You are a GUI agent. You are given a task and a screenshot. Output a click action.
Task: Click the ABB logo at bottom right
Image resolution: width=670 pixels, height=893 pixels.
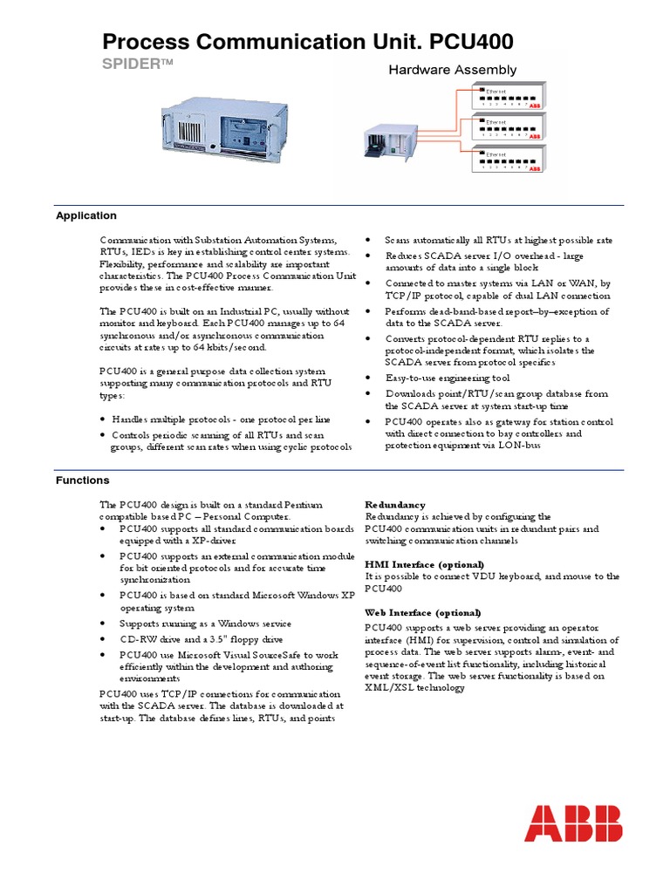pyautogui.click(x=573, y=823)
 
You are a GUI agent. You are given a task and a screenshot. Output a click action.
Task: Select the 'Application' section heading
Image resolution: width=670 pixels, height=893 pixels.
pyautogui.click(x=85, y=215)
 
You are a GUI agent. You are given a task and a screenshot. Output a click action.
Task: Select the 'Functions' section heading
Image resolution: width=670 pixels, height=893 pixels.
pyautogui.click(x=82, y=480)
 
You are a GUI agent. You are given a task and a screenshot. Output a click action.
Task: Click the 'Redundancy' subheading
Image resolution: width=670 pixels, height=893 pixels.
pyautogui.click(x=394, y=505)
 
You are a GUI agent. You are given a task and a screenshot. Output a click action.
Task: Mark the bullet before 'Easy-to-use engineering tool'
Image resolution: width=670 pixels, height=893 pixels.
pyautogui.click(x=369, y=378)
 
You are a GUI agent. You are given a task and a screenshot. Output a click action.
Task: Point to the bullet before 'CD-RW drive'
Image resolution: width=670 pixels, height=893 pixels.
pyautogui.click(x=104, y=639)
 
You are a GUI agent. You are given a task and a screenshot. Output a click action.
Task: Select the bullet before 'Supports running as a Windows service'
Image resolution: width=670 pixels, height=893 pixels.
pyautogui.click(x=104, y=624)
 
